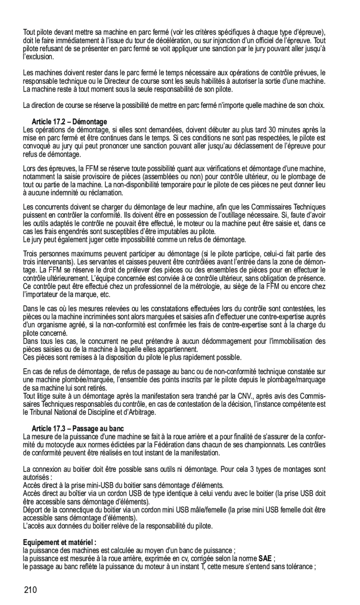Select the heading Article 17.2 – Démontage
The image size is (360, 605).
(69, 121)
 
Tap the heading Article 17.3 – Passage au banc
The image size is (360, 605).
(78, 428)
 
